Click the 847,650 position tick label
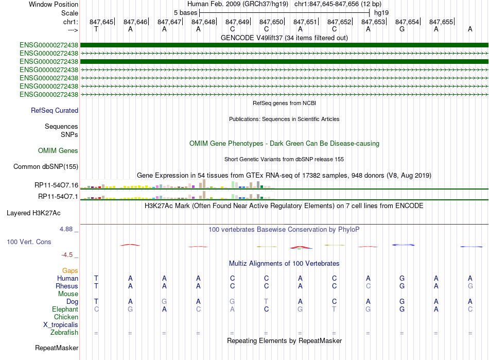click(271, 22)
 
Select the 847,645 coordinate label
click(101, 22)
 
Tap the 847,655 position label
click(441, 22)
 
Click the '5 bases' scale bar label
click(185, 12)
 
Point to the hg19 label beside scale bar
click(381, 12)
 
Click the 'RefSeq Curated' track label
click(55, 110)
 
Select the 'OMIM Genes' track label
click(58, 151)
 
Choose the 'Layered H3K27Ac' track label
click(41, 213)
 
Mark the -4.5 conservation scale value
click(69, 254)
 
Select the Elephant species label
click(65, 309)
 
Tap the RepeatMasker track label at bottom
click(56, 348)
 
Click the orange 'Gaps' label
click(70, 270)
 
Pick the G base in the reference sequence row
click(402, 29)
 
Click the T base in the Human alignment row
click(96, 278)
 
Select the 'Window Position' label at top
click(54, 4)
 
